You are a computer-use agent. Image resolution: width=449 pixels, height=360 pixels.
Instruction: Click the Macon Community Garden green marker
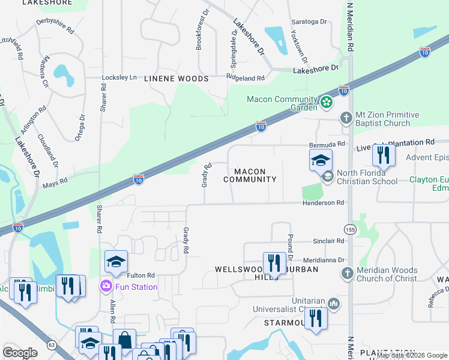[326, 103]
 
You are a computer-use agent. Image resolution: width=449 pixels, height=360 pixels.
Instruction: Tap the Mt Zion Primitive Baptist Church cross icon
[346, 118]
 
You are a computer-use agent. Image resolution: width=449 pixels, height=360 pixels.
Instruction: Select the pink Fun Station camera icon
[107, 286]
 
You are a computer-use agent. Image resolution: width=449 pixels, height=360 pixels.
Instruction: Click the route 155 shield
[350, 229]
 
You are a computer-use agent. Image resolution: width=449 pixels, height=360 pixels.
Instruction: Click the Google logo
[20, 353]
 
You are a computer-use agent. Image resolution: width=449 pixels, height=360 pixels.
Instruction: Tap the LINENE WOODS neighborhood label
[176, 79]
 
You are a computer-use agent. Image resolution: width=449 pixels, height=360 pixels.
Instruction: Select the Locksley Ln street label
[120, 78]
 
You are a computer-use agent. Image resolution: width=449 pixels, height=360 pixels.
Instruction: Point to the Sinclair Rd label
[328, 241]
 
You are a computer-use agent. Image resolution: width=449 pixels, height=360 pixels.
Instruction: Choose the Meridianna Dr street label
[325, 260]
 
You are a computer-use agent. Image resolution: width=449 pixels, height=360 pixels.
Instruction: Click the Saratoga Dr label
[313, 22]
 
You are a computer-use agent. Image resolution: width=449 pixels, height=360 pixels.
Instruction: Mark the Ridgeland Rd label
[245, 78]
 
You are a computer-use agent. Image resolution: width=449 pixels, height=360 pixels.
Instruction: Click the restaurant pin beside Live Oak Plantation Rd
[382, 155]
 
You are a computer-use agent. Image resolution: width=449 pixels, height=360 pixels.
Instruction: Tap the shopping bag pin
[124, 340]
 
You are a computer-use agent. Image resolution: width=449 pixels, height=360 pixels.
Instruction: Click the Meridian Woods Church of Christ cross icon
[346, 274]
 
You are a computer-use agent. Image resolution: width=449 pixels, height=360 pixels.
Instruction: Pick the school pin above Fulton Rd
[116, 262]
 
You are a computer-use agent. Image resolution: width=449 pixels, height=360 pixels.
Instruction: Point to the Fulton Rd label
[141, 275]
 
